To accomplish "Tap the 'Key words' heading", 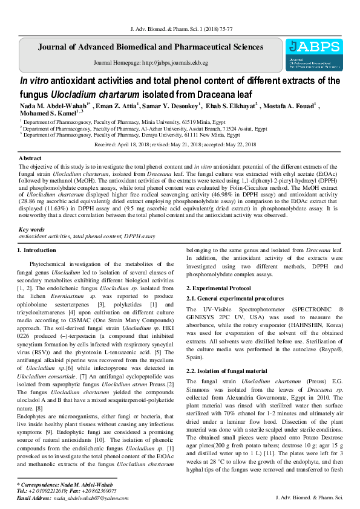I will pos(31,230).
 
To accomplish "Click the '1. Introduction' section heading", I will pos(36,250).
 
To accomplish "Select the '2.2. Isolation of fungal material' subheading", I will pos(226,372).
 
